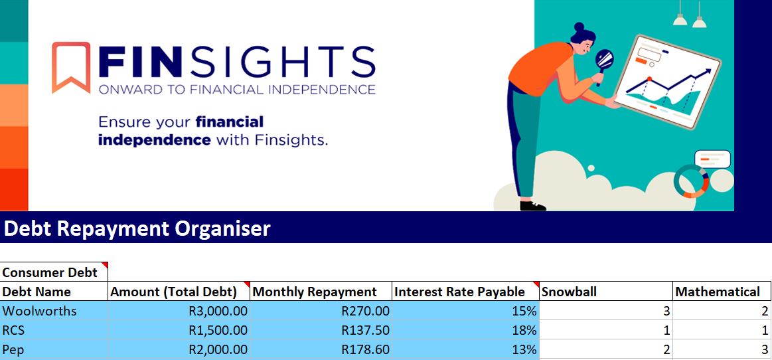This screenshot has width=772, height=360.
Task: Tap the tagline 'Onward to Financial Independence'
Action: tap(237, 90)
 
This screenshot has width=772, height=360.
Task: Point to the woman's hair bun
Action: tap(579, 27)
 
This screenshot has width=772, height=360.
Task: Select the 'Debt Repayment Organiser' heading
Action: tap(137, 228)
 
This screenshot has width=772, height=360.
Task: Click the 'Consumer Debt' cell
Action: tap(50, 272)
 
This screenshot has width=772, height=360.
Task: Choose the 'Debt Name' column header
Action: tap(37, 292)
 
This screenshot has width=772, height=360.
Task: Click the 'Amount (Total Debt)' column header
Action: tap(173, 292)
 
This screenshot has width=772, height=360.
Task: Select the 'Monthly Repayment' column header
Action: tap(315, 292)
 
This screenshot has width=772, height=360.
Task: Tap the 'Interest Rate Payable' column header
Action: tap(460, 292)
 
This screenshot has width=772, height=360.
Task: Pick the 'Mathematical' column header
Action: tap(718, 292)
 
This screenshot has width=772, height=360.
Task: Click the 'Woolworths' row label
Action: tap(39, 311)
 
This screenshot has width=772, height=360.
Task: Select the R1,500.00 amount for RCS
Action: tap(218, 331)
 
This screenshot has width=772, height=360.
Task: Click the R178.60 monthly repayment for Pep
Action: tap(366, 349)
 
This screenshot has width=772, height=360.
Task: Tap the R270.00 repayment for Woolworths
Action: tap(366, 311)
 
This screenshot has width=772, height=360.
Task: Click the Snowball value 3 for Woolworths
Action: tap(666, 311)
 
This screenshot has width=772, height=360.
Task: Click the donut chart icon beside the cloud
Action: tap(691, 181)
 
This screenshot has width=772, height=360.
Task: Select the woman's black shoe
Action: tap(533, 205)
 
